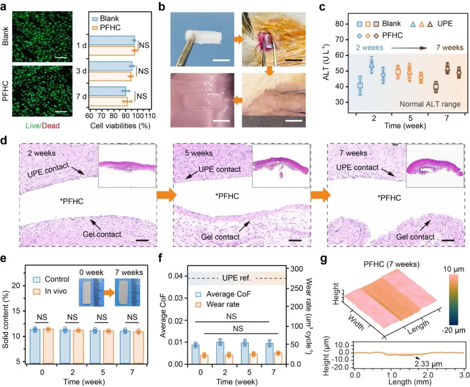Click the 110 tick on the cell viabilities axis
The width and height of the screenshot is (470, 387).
click(150, 117)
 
